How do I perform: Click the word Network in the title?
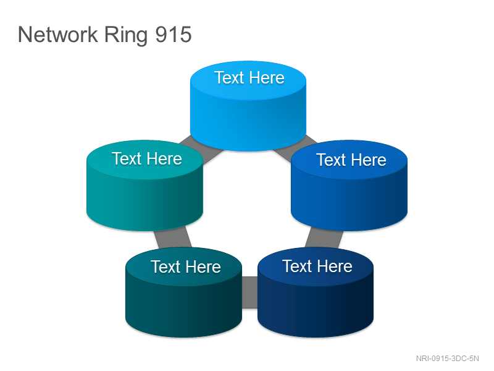pyautogui.click(x=58, y=35)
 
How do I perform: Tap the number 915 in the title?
pyautogui.click(x=174, y=35)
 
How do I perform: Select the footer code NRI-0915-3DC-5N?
pyautogui.click(x=447, y=359)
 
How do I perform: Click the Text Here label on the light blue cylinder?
pyautogui.click(x=249, y=78)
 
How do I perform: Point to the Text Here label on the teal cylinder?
pyautogui.click(x=147, y=158)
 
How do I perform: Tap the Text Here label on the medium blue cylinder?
pyautogui.click(x=351, y=160)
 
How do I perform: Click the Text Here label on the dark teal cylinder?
pyautogui.click(x=186, y=267)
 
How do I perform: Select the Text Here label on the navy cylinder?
pyautogui.click(x=317, y=266)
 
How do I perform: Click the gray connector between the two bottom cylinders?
pyautogui.click(x=250, y=292)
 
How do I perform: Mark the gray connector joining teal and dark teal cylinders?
pyautogui.click(x=172, y=239)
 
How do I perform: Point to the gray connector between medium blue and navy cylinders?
pyautogui.click(x=324, y=238)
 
